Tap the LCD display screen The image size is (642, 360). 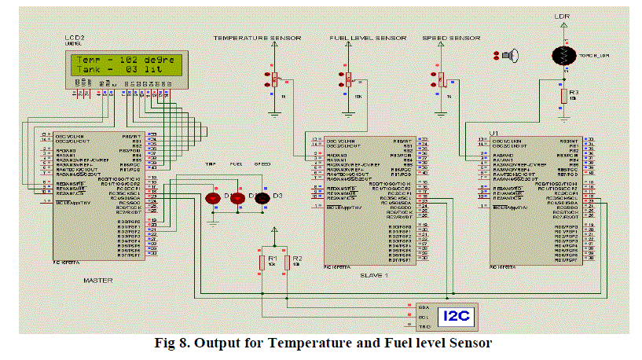127,65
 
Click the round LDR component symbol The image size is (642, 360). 563,55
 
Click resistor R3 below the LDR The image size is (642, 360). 563,96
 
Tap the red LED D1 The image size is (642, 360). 212,199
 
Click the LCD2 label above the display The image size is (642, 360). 75,39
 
